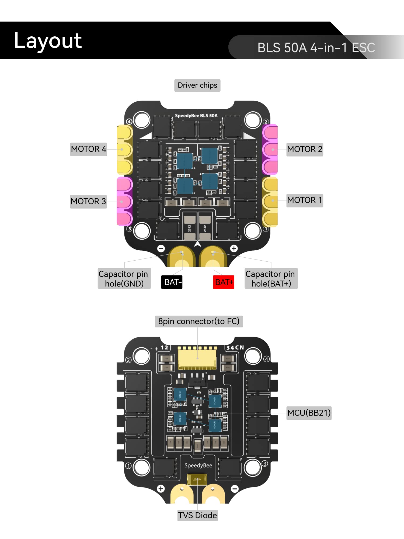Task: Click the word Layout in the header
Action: [48, 41]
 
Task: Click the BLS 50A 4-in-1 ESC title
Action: [316, 48]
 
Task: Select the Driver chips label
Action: [197, 85]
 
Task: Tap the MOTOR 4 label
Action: [88, 149]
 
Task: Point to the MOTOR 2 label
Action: [305, 149]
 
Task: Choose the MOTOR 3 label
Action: [88, 201]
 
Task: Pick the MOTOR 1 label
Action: [305, 200]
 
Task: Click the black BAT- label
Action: [172, 282]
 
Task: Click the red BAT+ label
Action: [224, 282]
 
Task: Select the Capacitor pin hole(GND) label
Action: [124, 279]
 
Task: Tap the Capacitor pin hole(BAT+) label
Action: [271, 279]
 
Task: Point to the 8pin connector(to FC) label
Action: [199, 321]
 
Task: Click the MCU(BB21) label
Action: [309, 413]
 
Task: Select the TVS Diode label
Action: [197, 515]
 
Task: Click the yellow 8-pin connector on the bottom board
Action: [197, 357]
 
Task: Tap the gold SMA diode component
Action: [197, 479]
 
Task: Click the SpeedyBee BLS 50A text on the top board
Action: [196, 116]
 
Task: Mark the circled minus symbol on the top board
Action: [161, 248]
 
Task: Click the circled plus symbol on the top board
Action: [234, 248]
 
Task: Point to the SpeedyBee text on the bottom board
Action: [198, 465]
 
